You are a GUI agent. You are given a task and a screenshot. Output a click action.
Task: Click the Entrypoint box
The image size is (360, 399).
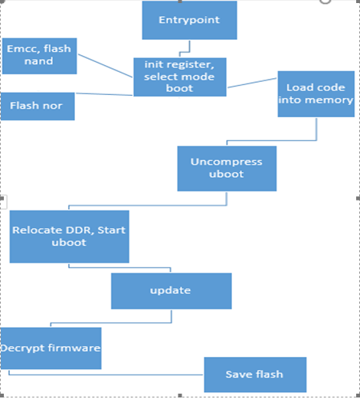point(189,21)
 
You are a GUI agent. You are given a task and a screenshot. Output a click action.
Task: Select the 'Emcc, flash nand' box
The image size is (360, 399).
point(39,55)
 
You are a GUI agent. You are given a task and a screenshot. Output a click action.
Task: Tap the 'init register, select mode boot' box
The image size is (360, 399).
point(180,76)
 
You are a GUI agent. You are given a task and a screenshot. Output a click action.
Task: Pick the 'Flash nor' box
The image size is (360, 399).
point(37,106)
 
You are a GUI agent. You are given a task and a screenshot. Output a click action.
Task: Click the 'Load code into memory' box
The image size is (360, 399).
point(316,93)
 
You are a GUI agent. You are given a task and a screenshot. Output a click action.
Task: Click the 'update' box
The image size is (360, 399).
point(171,291)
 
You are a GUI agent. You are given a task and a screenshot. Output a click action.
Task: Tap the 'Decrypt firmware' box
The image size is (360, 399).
point(51,348)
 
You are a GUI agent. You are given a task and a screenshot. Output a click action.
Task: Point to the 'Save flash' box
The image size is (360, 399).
point(254,374)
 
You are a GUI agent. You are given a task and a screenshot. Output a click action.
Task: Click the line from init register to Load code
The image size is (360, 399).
point(252,82)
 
